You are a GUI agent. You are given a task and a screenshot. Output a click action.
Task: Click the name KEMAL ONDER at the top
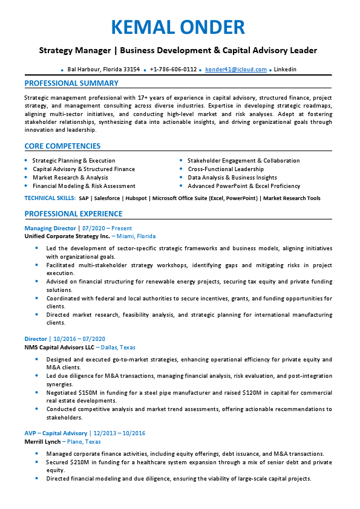178,27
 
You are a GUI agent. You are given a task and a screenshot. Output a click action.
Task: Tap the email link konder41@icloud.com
235,70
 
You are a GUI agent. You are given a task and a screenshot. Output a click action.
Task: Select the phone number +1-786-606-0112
173,70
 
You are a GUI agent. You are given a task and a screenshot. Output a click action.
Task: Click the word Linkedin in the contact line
285,70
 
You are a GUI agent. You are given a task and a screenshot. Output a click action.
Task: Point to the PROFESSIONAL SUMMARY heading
71,83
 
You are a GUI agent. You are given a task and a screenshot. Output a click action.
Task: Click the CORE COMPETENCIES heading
62,146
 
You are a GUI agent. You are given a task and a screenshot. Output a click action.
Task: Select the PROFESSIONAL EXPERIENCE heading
73,214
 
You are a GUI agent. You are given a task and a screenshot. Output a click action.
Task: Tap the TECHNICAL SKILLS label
50,198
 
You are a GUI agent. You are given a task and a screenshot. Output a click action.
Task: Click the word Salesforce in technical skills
106,198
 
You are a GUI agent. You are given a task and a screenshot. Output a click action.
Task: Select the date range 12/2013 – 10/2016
119,433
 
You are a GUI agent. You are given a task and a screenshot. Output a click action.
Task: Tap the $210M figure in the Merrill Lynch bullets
79,462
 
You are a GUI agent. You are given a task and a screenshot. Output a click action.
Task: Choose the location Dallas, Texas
119,348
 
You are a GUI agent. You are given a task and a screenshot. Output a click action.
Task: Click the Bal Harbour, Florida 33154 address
103,70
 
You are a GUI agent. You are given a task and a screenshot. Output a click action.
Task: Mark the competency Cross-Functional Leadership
226,169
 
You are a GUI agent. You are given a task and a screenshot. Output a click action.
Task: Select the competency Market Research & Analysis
70,178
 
